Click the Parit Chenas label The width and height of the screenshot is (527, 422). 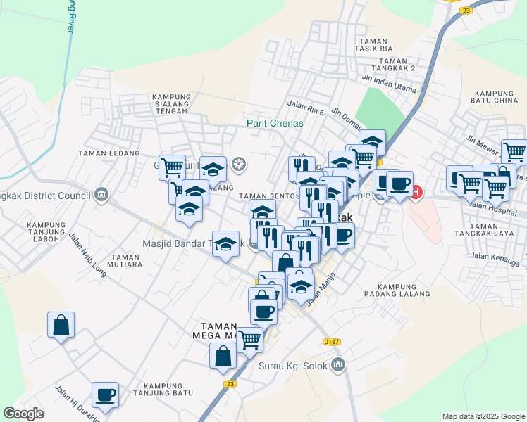pyautogui.click(x=275, y=123)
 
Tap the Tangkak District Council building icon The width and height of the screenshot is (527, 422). pyautogui.click(x=101, y=194)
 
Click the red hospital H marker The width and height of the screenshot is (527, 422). pyautogui.click(x=416, y=191)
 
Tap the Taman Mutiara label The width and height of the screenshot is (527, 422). pyautogui.click(x=126, y=261)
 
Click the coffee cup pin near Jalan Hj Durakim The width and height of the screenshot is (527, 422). pyautogui.click(x=105, y=395)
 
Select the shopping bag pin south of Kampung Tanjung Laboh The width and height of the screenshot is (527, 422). pyautogui.click(x=61, y=324)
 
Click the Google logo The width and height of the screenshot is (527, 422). pyautogui.click(x=24, y=414)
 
